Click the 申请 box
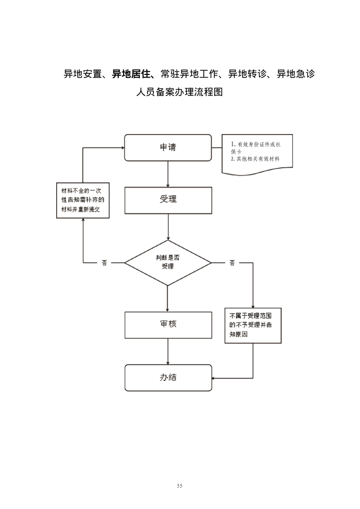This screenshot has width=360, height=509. [168, 147]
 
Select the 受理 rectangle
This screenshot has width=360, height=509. [168, 201]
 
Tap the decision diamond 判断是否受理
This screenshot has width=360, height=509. [168, 262]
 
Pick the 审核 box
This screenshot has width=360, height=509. [168, 325]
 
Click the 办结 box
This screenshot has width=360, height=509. [168, 378]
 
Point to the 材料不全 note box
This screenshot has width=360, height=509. [82, 201]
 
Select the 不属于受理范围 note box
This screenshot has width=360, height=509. [252, 326]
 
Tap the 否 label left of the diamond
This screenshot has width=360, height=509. [104, 263]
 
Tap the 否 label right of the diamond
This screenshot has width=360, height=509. [232, 263]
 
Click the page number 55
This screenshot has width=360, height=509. [180, 486]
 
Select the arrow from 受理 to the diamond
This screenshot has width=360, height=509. [168, 227]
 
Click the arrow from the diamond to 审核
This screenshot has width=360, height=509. [168, 299]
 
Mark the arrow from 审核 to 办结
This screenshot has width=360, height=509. [168, 352]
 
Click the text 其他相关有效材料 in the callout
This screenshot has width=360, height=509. [257, 160]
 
